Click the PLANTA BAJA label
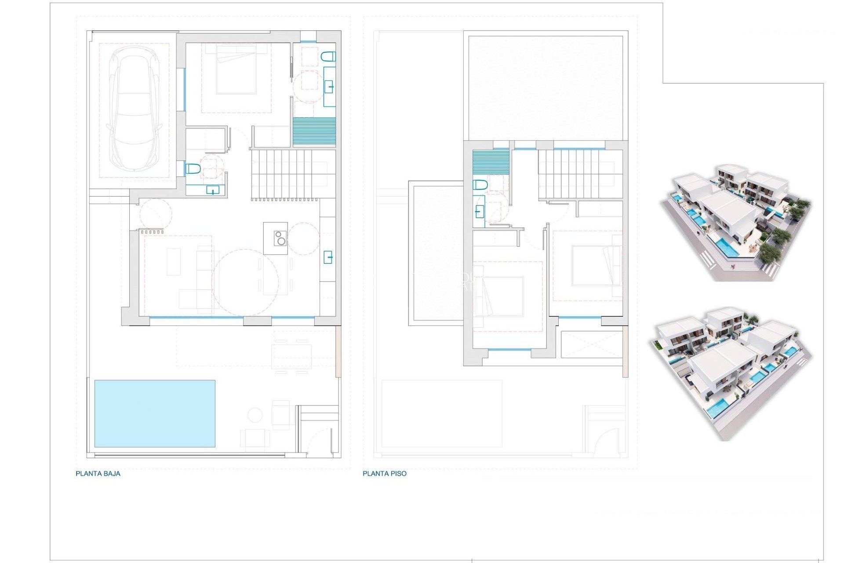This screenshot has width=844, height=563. (x=98, y=474)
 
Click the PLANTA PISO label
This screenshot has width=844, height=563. (x=385, y=474)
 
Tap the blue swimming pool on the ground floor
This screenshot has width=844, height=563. (x=155, y=413)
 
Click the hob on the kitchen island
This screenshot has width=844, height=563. (x=280, y=238)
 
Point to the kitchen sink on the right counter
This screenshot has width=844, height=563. (x=328, y=256)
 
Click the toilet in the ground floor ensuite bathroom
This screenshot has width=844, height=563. (x=328, y=56)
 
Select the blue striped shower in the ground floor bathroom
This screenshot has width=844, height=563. (x=314, y=132)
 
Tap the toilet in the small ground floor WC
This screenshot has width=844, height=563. (x=193, y=168)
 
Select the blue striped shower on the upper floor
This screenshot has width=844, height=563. (x=491, y=163)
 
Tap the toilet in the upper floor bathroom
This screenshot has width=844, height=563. (x=480, y=185)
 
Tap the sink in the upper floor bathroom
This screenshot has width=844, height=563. (x=479, y=212)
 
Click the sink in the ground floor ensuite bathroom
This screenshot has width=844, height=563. (x=329, y=87)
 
